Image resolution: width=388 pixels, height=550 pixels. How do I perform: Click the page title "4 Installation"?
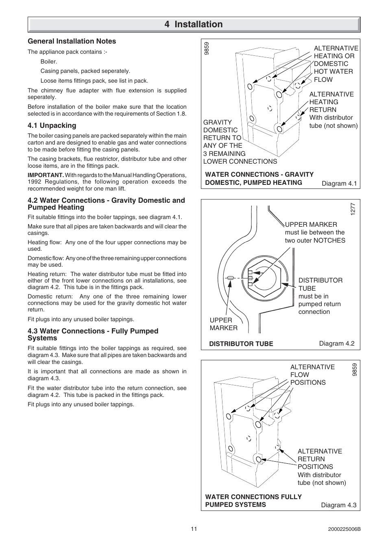click(x=194, y=24)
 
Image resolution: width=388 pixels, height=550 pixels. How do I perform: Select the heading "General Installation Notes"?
click(x=72, y=41)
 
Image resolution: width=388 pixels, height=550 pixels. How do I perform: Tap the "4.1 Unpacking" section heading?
click(x=52, y=125)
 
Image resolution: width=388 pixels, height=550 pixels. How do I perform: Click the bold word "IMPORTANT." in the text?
click(x=46, y=175)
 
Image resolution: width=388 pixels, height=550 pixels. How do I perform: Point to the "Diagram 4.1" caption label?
click(x=339, y=183)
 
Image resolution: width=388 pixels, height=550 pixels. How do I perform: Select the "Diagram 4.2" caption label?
click(x=336, y=343)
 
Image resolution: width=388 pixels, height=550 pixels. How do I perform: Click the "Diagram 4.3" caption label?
click(x=338, y=505)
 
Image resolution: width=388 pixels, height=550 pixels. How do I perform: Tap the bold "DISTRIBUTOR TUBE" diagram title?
click(x=241, y=344)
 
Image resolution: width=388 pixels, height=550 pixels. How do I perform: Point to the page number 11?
click(x=194, y=529)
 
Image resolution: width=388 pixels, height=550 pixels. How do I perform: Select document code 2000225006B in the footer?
click(x=344, y=529)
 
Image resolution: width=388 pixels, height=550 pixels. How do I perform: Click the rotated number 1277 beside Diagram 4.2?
click(x=353, y=209)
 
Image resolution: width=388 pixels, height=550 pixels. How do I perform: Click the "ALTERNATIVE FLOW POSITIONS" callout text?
click(x=312, y=375)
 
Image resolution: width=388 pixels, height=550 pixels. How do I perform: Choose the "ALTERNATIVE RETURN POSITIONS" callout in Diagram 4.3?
click(x=319, y=459)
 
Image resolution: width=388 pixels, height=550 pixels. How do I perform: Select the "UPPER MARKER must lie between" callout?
click(x=314, y=232)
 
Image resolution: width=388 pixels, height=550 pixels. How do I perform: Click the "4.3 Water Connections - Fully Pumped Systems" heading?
click(x=93, y=334)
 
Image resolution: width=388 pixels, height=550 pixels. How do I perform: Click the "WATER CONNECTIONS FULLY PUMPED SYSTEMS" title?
click(x=253, y=500)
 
